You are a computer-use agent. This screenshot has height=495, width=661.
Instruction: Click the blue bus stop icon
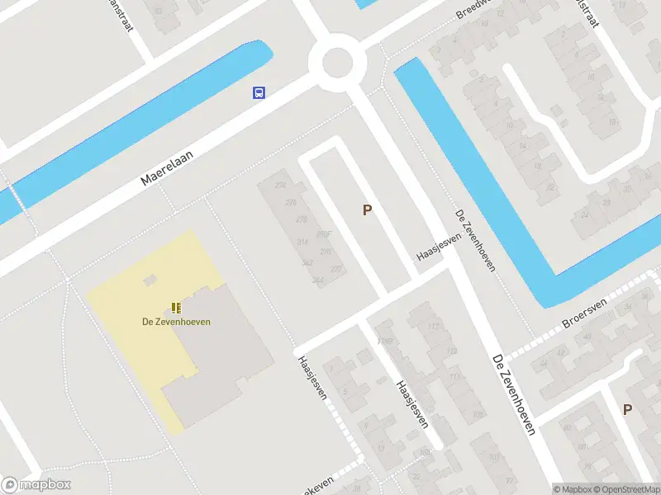(x=259, y=92)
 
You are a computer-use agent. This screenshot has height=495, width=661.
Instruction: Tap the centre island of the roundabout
(x=337, y=62)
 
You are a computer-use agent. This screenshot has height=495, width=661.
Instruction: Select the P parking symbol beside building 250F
(x=367, y=210)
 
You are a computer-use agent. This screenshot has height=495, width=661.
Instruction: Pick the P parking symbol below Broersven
(x=627, y=409)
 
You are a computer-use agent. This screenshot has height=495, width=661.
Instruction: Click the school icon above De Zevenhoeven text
(x=175, y=307)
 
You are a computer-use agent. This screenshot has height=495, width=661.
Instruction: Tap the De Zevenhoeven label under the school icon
(x=175, y=321)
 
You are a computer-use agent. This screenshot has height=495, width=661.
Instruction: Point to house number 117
(x=433, y=327)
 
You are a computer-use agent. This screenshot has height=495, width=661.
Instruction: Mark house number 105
(x=477, y=416)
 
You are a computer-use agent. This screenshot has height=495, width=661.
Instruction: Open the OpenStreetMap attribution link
(x=627, y=489)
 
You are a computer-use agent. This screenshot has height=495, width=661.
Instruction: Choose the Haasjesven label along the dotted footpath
(x=312, y=378)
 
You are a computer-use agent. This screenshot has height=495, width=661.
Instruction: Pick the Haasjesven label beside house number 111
(x=411, y=404)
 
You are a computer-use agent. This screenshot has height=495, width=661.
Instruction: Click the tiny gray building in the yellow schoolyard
(x=150, y=280)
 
